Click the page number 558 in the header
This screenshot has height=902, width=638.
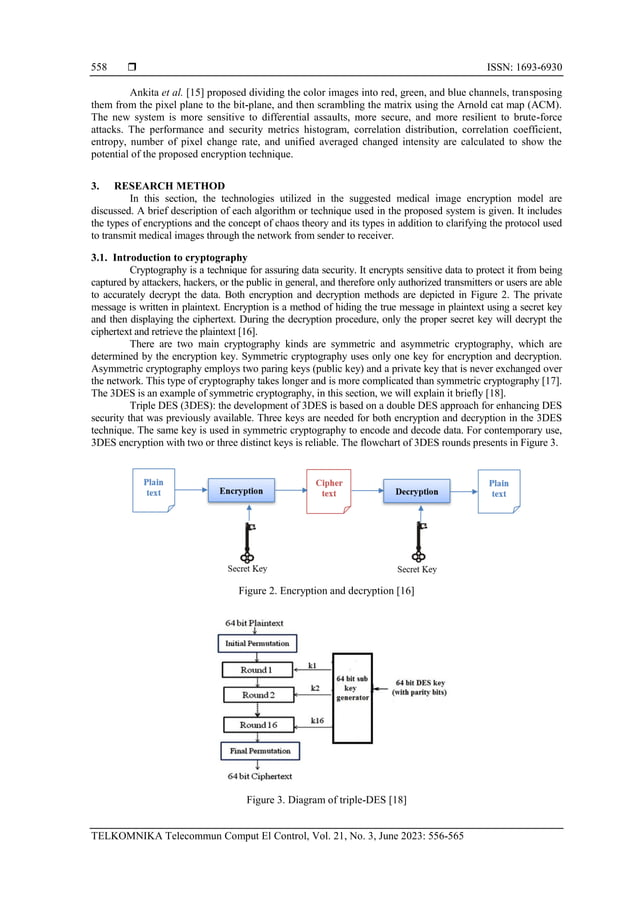pos(98,68)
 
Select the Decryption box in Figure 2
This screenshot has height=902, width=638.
pos(416,491)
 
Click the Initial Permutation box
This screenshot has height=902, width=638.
pos(257,643)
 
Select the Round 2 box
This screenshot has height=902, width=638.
pos(257,695)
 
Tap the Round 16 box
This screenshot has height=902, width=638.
pos(257,724)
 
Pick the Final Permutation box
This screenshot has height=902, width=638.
pos(257,750)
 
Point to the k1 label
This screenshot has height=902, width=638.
pos(312,665)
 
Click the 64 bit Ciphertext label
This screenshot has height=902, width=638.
pos(258,776)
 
